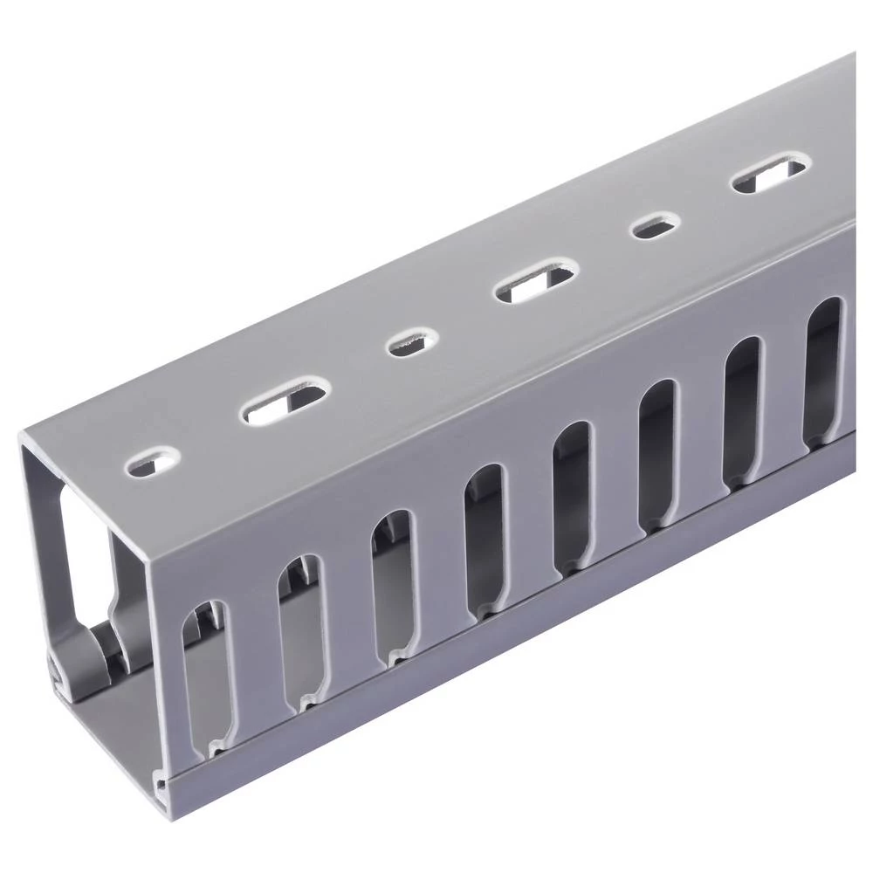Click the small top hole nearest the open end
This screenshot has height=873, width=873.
tap(153, 461)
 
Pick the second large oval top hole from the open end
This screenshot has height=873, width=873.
tap(534, 283)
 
